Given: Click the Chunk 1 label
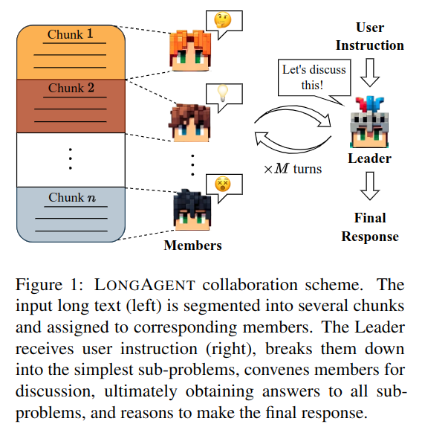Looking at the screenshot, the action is (x=71, y=34).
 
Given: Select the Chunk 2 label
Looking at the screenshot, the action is (x=71, y=88).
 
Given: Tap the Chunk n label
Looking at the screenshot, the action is (x=72, y=197).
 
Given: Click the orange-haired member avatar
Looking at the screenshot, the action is (x=191, y=51).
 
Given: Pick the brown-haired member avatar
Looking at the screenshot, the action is (x=189, y=123).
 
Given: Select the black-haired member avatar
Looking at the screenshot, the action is (x=192, y=210).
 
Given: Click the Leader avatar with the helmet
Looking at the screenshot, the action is (x=370, y=122).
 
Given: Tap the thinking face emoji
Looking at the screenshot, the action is (x=223, y=20).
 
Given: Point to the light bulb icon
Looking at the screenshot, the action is (x=223, y=93).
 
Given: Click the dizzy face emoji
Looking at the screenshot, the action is (x=223, y=184).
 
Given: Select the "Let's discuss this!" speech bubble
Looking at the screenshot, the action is (x=314, y=78).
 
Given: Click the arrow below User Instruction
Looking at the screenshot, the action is (x=370, y=72).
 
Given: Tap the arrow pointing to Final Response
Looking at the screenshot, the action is (x=370, y=186).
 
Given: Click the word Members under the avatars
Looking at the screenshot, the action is (x=192, y=246).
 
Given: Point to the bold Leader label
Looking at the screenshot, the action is (x=370, y=158).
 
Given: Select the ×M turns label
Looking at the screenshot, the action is (x=293, y=169).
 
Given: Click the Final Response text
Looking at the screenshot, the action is (x=370, y=227).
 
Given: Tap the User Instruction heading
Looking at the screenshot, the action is (x=370, y=36).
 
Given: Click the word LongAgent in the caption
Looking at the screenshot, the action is (x=145, y=285).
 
